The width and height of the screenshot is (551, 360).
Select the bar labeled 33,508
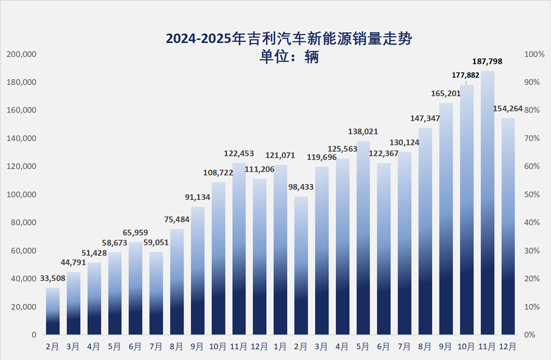pyautogui.click(x=53, y=311)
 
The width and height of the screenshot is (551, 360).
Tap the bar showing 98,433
pyautogui.click(x=301, y=266)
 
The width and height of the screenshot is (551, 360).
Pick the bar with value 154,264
pyautogui.click(x=508, y=226)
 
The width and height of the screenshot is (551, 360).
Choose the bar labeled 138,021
pyautogui.click(x=364, y=238)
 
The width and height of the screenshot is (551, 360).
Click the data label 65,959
pyautogui.click(x=135, y=232)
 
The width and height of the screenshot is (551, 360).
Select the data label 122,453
pyautogui.click(x=239, y=153)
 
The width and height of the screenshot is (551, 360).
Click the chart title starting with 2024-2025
pyautogui.click(x=289, y=39)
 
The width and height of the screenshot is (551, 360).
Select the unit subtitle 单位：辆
pyautogui.click(x=289, y=57)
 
